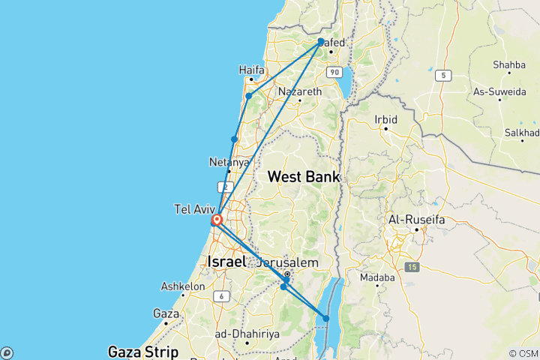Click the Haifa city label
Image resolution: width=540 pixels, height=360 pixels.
coord(252,70)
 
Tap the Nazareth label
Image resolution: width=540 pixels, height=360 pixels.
coord(299,91)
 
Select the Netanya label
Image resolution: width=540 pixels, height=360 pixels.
coord(229,162)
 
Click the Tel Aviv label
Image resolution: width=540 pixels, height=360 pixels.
coord(194,209)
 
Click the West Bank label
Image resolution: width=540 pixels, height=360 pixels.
coord(304,177)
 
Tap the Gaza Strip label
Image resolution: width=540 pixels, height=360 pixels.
coord(143,351)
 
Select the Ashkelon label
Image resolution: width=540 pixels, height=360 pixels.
coord(183,286)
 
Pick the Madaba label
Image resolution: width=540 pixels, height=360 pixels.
coord(379,277)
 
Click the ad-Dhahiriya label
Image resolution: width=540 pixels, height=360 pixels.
coord(237,334)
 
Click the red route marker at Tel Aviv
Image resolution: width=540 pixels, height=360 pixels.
coord(216,220)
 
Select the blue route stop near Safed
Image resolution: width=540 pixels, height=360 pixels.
coord(321,42)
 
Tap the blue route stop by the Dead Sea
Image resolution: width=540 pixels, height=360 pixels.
coord(326,319)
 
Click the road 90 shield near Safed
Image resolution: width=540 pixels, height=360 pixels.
coord(334,71)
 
